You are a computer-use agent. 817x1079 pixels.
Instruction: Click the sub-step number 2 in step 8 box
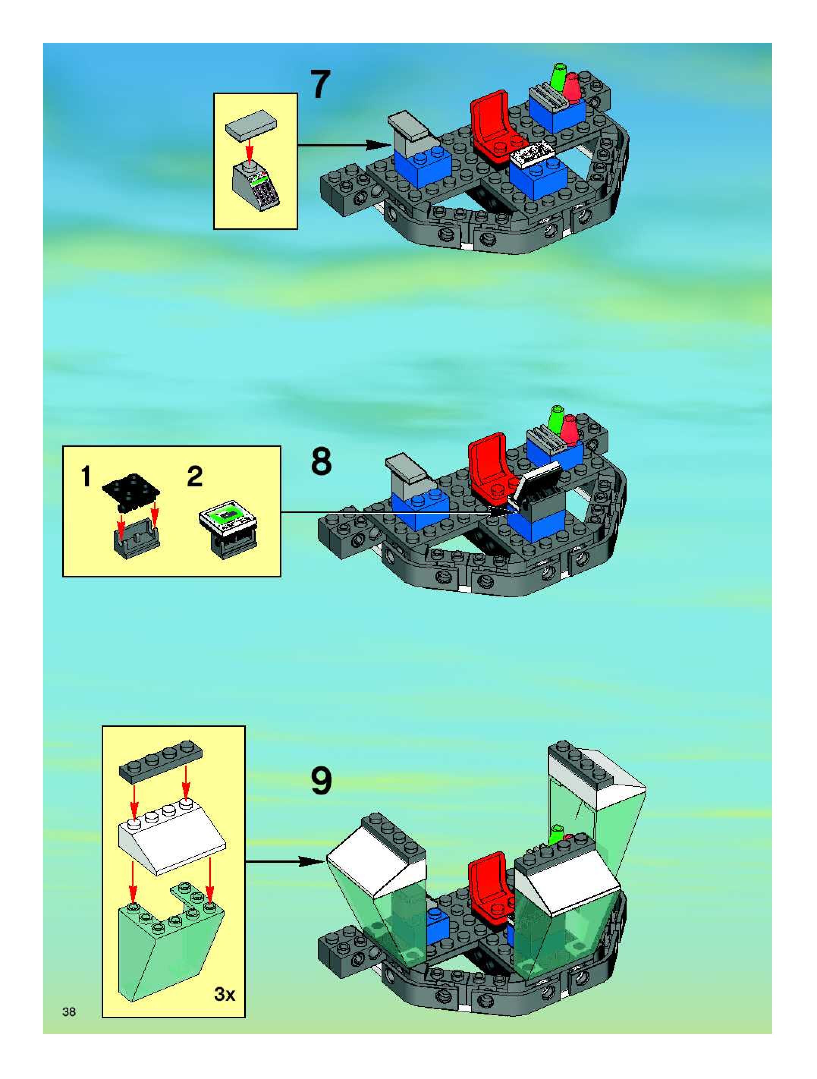(x=195, y=476)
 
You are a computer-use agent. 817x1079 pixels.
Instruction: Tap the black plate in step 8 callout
(x=131, y=495)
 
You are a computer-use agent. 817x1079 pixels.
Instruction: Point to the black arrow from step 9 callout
(x=285, y=862)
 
